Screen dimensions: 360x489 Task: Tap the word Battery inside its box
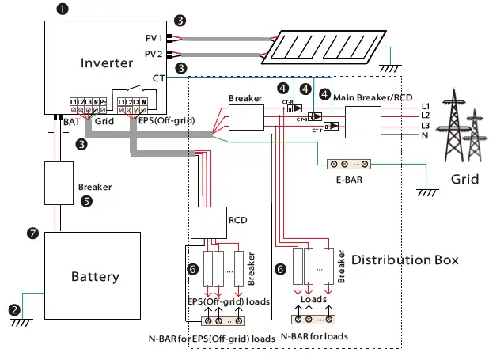click(x=95, y=276)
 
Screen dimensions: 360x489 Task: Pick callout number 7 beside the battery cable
click(x=32, y=233)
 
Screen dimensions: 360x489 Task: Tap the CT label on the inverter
click(x=157, y=77)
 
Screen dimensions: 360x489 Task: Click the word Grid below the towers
click(x=464, y=179)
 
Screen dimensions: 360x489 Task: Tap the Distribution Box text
click(x=405, y=260)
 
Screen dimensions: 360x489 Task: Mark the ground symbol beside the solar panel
click(x=388, y=68)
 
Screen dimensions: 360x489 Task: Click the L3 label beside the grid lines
click(x=425, y=125)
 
